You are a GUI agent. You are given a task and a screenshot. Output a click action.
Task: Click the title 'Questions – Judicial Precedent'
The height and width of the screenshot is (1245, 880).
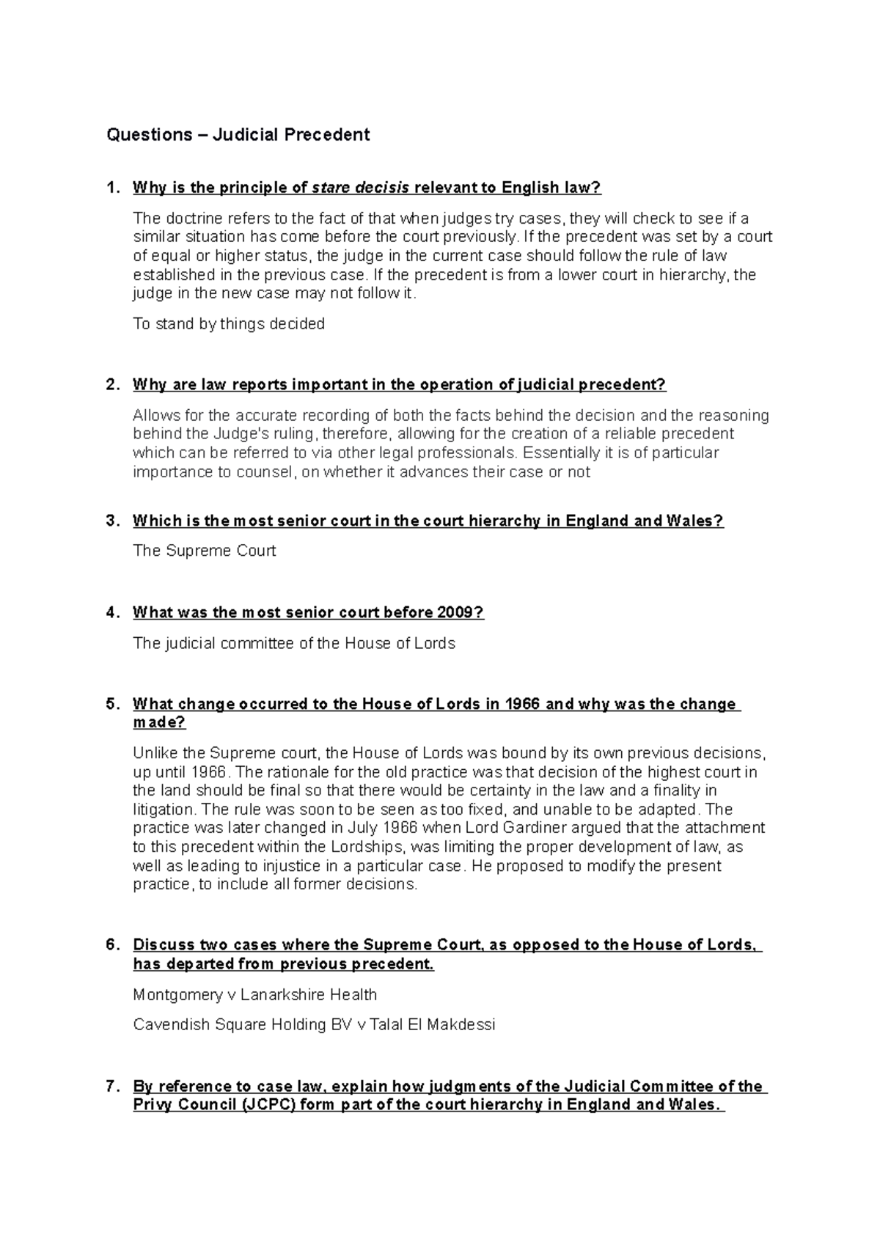pyautogui.click(x=238, y=135)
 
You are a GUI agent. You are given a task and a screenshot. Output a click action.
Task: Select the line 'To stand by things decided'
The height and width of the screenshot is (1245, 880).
pyautogui.click(x=229, y=324)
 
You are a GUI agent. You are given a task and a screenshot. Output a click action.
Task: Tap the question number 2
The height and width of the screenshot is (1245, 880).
pyautogui.click(x=111, y=385)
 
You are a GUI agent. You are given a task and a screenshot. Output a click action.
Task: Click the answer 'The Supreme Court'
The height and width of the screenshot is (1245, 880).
pyautogui.click(x=205, y=551)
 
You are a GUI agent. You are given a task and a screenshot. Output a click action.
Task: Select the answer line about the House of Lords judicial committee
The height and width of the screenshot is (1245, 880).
pyautogui.click(x=294, y=644)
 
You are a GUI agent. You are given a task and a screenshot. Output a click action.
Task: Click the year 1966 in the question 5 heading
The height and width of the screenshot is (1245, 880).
pyautogui.click(x=523, y=705)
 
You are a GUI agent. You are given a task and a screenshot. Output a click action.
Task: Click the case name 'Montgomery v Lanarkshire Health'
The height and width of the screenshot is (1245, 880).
pyautogui.click(x=255, y=995)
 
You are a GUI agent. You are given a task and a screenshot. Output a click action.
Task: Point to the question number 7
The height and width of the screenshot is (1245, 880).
pyautogui.click(x=111, y=1087)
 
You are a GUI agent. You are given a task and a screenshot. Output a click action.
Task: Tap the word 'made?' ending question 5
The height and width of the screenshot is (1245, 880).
pyautogui.click(x=159, y=723)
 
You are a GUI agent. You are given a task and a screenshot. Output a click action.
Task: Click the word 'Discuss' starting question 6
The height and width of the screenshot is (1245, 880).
pyautogui.click(x=159, y=945)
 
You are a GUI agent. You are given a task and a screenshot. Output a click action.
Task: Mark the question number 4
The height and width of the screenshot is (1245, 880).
pyautogui.click(x=111, y=613)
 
